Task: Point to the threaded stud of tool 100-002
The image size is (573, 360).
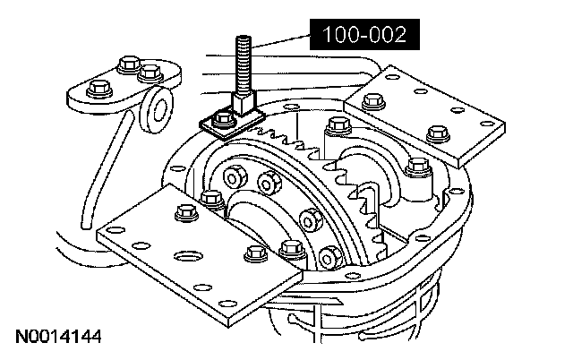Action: tap(242, 63)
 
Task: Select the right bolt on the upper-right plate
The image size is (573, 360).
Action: tap(438, 133)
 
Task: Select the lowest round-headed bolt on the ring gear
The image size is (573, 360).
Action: tap(329, 258)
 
